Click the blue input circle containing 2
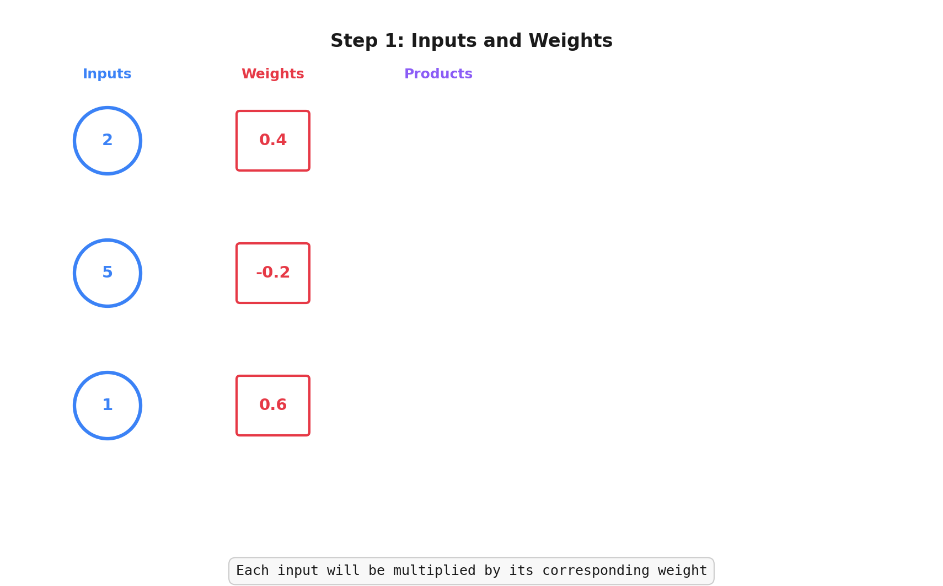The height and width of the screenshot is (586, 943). (x=108, y=141)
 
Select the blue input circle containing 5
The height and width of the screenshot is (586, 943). (x=108, y=273)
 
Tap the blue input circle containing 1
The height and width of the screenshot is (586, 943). (x=108, y=406)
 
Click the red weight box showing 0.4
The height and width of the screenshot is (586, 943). (x=273, y=141)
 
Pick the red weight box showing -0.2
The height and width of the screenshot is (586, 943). (x=273, y=273)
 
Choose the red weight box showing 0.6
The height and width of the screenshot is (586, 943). (x=273, y=406)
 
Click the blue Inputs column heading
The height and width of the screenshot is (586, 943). (x=107, y=74)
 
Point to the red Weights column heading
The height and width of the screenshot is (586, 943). (x=273, y=74)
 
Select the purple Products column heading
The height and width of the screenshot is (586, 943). (x=438, y=74)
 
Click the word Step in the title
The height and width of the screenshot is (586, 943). (x=353, y=41)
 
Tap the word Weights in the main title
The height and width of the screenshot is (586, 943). (x=570, y=41)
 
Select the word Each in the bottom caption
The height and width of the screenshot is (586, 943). (x=253, y=571)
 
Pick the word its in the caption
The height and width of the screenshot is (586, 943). (x=521, y=571)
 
